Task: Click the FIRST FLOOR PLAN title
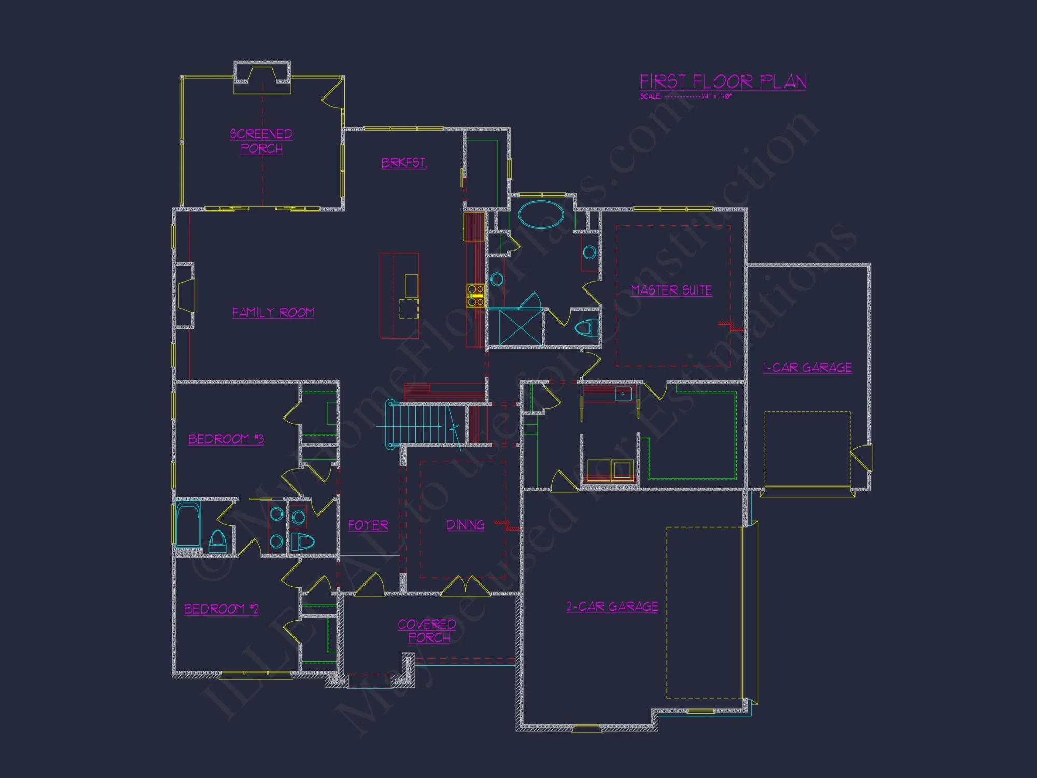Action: click(x=723, y=81)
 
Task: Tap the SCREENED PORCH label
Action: click(x=261, y=141)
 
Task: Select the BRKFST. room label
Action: click(x=404, y=163)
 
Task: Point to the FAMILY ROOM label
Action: click(x=273, y=312)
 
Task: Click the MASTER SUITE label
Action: click(x=671, y=290)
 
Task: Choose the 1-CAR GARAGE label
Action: click(x=807, y=367)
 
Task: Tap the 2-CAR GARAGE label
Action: click(x=612, y=606)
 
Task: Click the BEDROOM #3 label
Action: click(x=226, y=439)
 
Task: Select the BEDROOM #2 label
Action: click(x=221, y=608)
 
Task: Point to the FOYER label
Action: click(x=368, y=525)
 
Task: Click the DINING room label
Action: click(x=465, y=525)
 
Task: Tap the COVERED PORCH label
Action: click(x=427, y=631)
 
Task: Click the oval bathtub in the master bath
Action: click(x=541, y=214)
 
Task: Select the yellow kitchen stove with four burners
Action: click(x=475, y=295)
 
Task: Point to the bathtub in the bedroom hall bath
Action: click(x=188, y=524)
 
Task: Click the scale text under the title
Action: click(x=685, y=96)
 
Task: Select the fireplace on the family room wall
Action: click(x=186, y=296)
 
